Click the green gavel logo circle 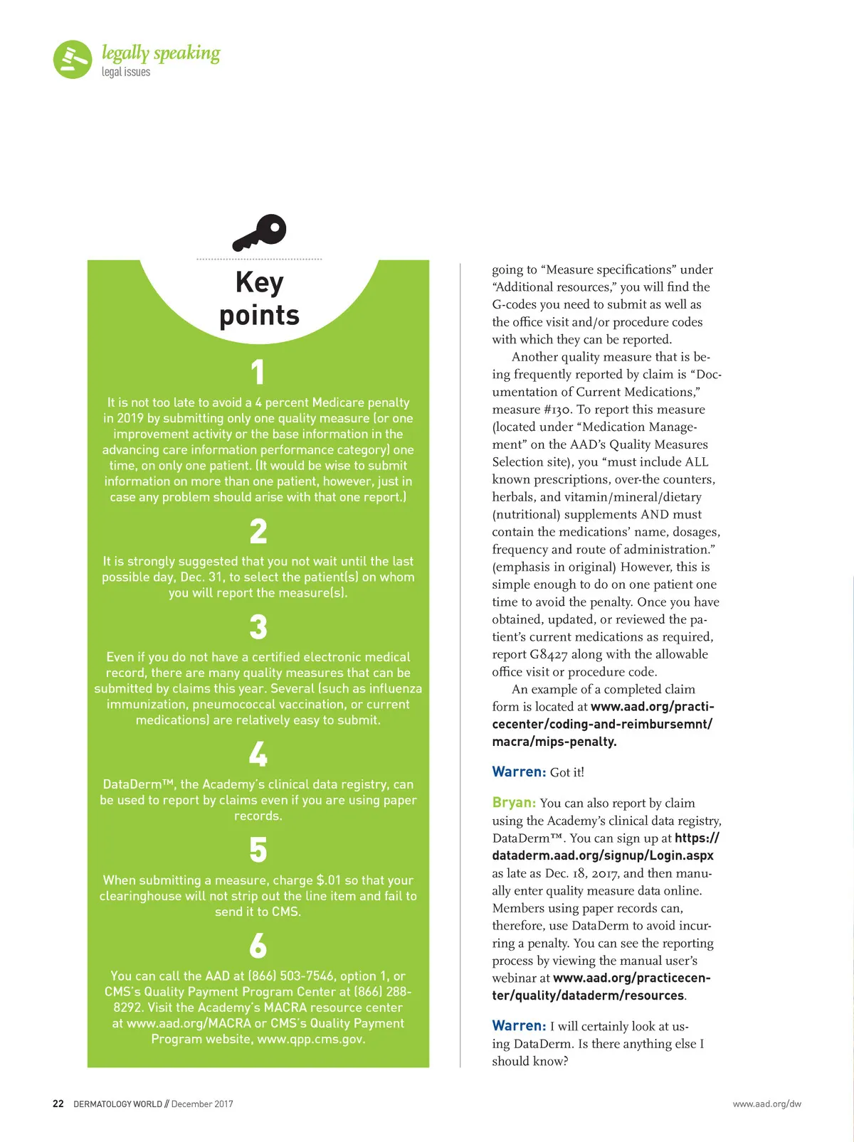73,59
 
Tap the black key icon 260,232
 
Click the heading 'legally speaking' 161,53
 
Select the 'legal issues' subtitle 126,72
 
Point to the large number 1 258,373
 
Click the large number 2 258,531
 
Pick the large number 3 258,627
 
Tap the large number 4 258,754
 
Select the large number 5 258,850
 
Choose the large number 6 258,946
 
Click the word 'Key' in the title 260,282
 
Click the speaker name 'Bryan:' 514,803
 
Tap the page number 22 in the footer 58,1104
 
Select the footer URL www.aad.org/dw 766,1104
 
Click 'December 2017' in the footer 202,1104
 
